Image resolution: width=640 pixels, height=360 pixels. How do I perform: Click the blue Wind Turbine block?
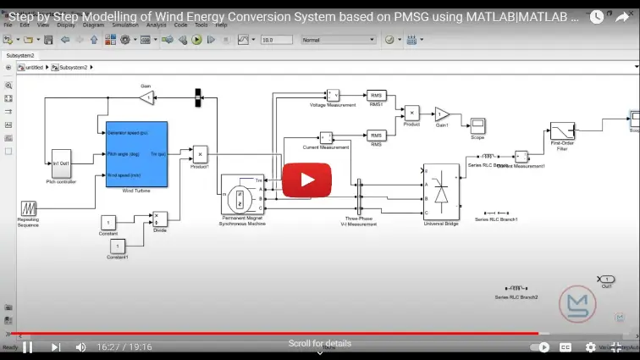point(135,153)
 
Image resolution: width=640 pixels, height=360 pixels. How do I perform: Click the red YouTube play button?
point(306,180)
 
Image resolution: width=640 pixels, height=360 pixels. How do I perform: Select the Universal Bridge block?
point(440,192)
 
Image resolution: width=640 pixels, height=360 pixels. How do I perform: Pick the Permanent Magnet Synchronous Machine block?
point(243,194)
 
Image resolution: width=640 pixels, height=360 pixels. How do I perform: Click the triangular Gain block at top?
point(146,99)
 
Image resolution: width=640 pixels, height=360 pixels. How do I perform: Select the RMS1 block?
point(376,96)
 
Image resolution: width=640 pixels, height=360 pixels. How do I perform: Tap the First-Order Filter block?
point(562,131)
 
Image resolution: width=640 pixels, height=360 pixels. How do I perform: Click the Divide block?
point(160,219)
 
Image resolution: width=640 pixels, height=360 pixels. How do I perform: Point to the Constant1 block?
point(119,246)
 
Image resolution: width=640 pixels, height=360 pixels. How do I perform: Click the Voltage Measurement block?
point(333,95)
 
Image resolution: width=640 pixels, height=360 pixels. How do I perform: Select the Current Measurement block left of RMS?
point(326,136)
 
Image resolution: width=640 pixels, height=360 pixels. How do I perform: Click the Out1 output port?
point(605,279)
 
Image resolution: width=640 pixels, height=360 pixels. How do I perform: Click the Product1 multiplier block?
point(200,153)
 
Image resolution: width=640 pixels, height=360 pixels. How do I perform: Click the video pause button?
point(27,346)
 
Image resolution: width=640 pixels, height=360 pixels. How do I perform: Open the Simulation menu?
point(124,25)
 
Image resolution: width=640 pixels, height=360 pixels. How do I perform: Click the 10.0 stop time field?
point(276,40)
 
